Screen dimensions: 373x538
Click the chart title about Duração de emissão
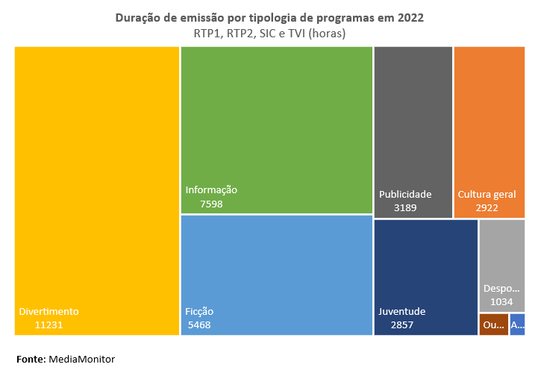point(269,18)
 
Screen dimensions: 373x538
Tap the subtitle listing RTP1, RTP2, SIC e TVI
point(269,34)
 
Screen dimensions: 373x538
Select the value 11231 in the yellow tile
point(49,325)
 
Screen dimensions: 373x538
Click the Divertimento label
point(49,312)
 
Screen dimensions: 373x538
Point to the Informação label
point(211,190)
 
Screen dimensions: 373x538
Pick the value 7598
point(211,204)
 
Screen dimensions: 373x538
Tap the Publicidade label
point(405,195)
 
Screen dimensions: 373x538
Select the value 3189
point(405,208)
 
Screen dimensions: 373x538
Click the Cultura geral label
point(487,195)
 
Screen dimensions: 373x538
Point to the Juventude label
point(401,312)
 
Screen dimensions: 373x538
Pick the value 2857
point(401,325)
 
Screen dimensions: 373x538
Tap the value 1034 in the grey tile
point(501,302)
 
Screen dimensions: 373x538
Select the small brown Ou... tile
point(493,325)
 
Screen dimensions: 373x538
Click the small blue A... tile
point(517,325)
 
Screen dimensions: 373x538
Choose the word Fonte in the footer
point(31,360)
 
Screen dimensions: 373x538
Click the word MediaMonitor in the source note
point(82,360)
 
